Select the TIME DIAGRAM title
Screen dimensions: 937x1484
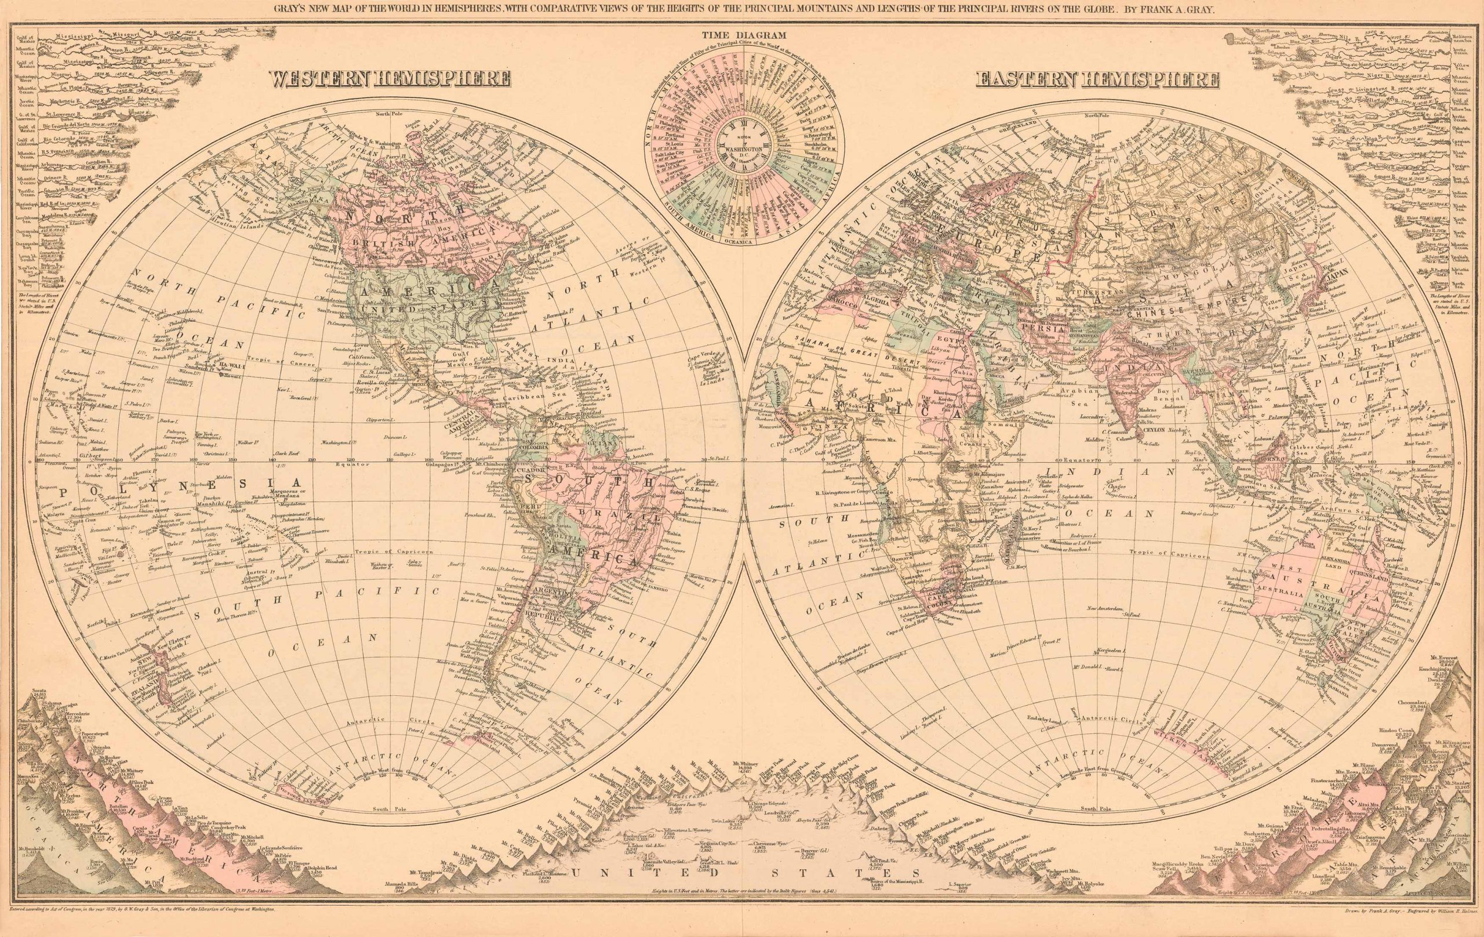[742, 36]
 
